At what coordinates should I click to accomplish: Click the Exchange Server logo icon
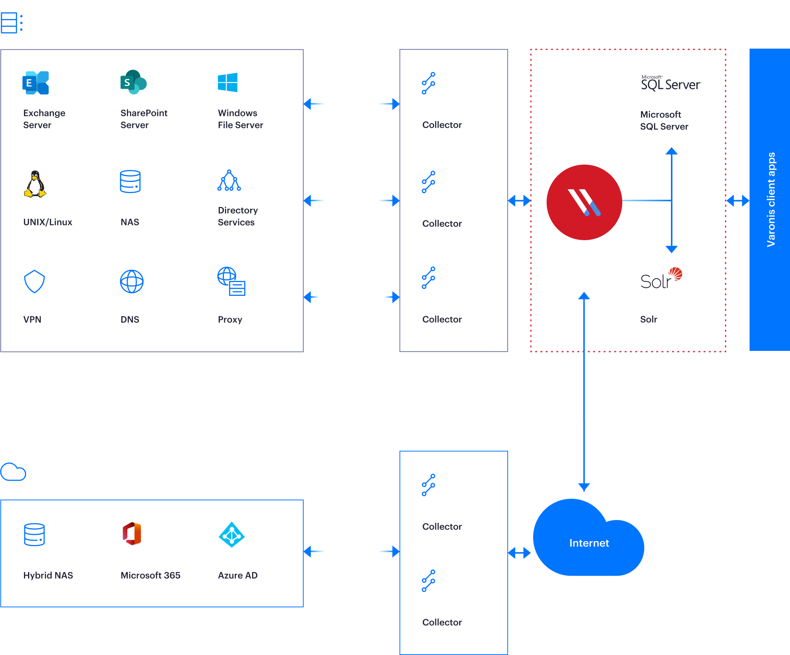point(36,83)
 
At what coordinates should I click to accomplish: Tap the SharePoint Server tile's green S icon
point(133,82)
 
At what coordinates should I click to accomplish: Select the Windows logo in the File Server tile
point(227,82)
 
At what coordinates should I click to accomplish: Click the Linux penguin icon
point(35,184)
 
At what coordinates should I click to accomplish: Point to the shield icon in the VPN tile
point(34,281)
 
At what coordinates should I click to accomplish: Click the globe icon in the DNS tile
point(132,281)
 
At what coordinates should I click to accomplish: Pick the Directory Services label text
point(238,216)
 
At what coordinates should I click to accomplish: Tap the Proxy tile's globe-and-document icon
point(231,281)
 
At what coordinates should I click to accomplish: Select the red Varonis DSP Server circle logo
point(584,202)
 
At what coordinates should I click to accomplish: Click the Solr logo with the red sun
point(661,278)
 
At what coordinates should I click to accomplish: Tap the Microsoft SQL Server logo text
point(671,84)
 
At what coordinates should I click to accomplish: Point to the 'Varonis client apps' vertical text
point(771,199)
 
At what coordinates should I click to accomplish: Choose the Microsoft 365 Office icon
point(132,533)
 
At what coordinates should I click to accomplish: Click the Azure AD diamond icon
point(231,535)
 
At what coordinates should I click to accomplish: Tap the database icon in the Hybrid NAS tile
point(34,534)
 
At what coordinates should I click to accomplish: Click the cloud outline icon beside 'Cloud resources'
point(13,472)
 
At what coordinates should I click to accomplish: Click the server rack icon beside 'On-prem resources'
point(11,23)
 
